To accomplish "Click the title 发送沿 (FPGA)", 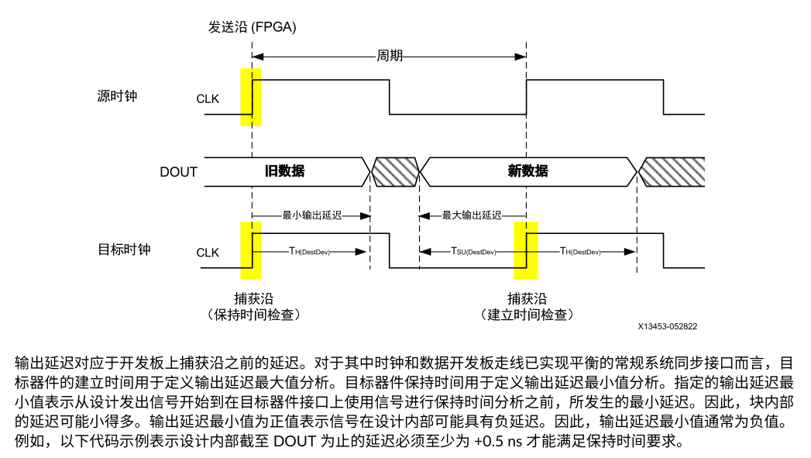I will click(252, 26).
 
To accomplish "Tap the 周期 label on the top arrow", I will click(390, 57).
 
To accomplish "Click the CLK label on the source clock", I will click(208, 99).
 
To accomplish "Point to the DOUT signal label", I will click(179, 172).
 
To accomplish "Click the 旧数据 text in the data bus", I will click(284, 171).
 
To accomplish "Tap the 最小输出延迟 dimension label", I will click(312, 215).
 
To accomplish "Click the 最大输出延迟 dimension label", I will click(472, 215).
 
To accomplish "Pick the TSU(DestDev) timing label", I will click(473, 251).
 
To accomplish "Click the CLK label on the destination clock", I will click(208, 253).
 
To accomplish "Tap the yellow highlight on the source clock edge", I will click(252, 96).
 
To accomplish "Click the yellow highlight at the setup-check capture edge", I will click(525, 250).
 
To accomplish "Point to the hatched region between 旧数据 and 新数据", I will click(394, 171).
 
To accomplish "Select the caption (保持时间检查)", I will click(253, 315).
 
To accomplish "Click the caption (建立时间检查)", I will click(526, 315).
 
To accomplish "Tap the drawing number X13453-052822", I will click(668, 326).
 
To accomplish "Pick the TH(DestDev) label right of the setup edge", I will click(581, 251).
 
